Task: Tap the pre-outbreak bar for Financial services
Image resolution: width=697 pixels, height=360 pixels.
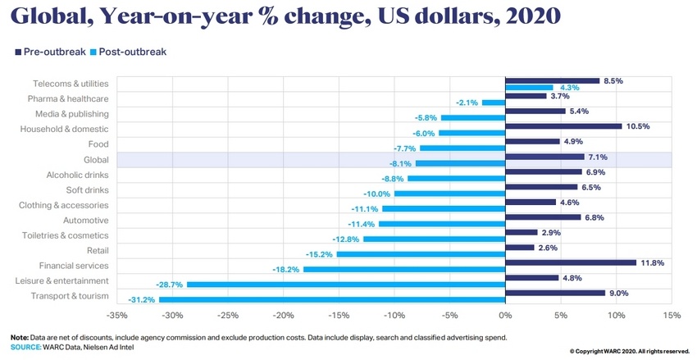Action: tap(571, 262)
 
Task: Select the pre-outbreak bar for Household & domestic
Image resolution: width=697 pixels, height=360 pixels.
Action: tap(563, 126)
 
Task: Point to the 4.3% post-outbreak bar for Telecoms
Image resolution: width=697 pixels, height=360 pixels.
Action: tap(529, 87)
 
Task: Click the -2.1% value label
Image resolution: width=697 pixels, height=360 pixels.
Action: tap(467, 103)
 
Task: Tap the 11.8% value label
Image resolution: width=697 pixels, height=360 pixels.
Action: tap(652, 262)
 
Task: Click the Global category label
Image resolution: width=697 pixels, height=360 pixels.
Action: tap(97, 159)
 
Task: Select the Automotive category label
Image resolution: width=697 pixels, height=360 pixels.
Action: tap(85, 220)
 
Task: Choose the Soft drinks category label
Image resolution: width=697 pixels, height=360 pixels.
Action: tap(88, 189)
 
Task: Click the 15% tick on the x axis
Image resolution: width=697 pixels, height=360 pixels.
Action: tap(671, 315)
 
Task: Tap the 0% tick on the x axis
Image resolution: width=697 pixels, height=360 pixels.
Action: tap(505, 315)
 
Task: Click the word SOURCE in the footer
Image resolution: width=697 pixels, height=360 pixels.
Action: tap(25, 347)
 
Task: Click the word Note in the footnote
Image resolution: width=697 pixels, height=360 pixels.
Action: tap(19, 337)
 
